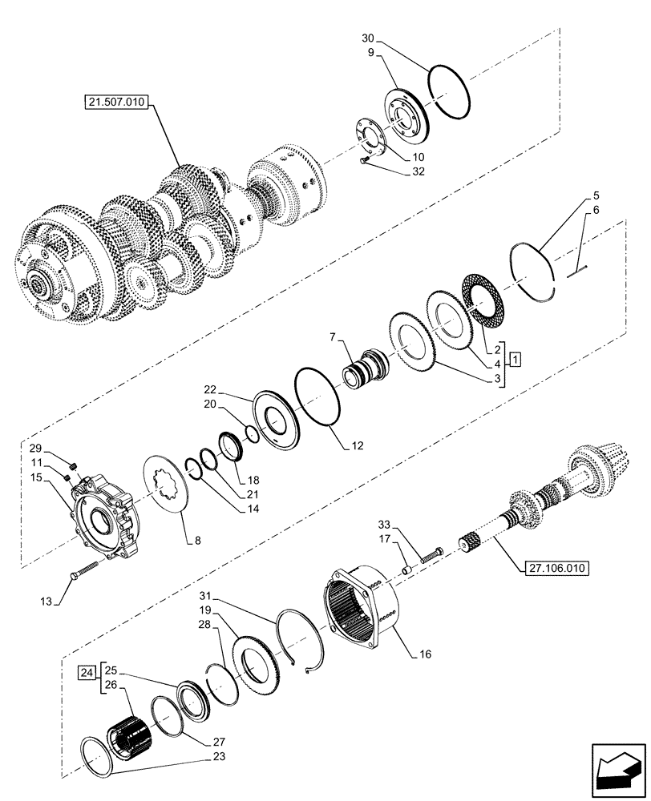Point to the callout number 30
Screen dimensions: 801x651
pyautogui.click(x=368, y=38)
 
